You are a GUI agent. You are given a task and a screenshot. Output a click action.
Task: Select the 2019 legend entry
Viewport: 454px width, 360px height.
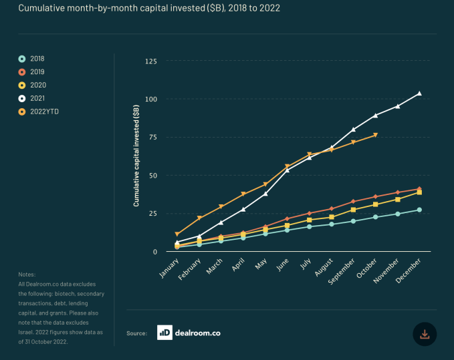(37, 72)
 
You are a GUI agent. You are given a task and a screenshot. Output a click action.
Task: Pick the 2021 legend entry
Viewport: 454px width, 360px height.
(37, 98)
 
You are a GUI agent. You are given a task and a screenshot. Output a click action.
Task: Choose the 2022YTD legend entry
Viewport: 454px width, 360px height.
(43, 112)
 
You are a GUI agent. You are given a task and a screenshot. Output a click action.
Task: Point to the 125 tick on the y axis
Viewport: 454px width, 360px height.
(150, 61)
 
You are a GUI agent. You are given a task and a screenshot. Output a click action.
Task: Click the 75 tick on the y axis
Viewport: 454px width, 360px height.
(152, 138)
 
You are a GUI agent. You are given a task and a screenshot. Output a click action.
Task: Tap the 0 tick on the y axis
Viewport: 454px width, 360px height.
(154, 252)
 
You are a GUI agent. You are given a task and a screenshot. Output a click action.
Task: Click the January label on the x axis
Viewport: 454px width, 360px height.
(168, 266)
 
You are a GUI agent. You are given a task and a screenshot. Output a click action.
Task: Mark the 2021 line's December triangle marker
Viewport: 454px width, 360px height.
(419, 94)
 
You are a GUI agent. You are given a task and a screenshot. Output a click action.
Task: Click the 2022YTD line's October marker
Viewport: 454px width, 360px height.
(376, 136)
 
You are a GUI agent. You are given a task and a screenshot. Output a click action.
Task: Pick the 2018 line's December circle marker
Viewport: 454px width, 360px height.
(419, 210)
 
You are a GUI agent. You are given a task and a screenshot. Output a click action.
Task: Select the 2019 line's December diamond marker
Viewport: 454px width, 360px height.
(419, 189)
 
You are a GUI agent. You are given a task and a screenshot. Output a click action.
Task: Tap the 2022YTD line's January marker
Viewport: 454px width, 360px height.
(177, 234)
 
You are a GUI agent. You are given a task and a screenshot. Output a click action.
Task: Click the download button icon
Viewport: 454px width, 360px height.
(425, 333)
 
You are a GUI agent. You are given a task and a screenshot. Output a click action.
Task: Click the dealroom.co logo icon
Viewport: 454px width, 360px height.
(165, 333)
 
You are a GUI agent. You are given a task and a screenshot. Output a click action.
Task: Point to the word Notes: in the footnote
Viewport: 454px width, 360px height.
(27, 275)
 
